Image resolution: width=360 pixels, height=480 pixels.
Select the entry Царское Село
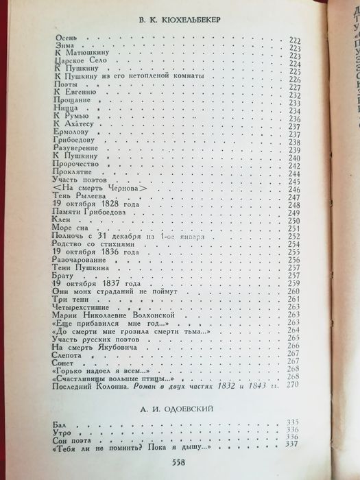tap(75, 60)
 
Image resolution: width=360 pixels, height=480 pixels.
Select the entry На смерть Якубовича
tap(93, 349)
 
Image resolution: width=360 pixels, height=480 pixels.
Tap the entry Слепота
tap(69, 357)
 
